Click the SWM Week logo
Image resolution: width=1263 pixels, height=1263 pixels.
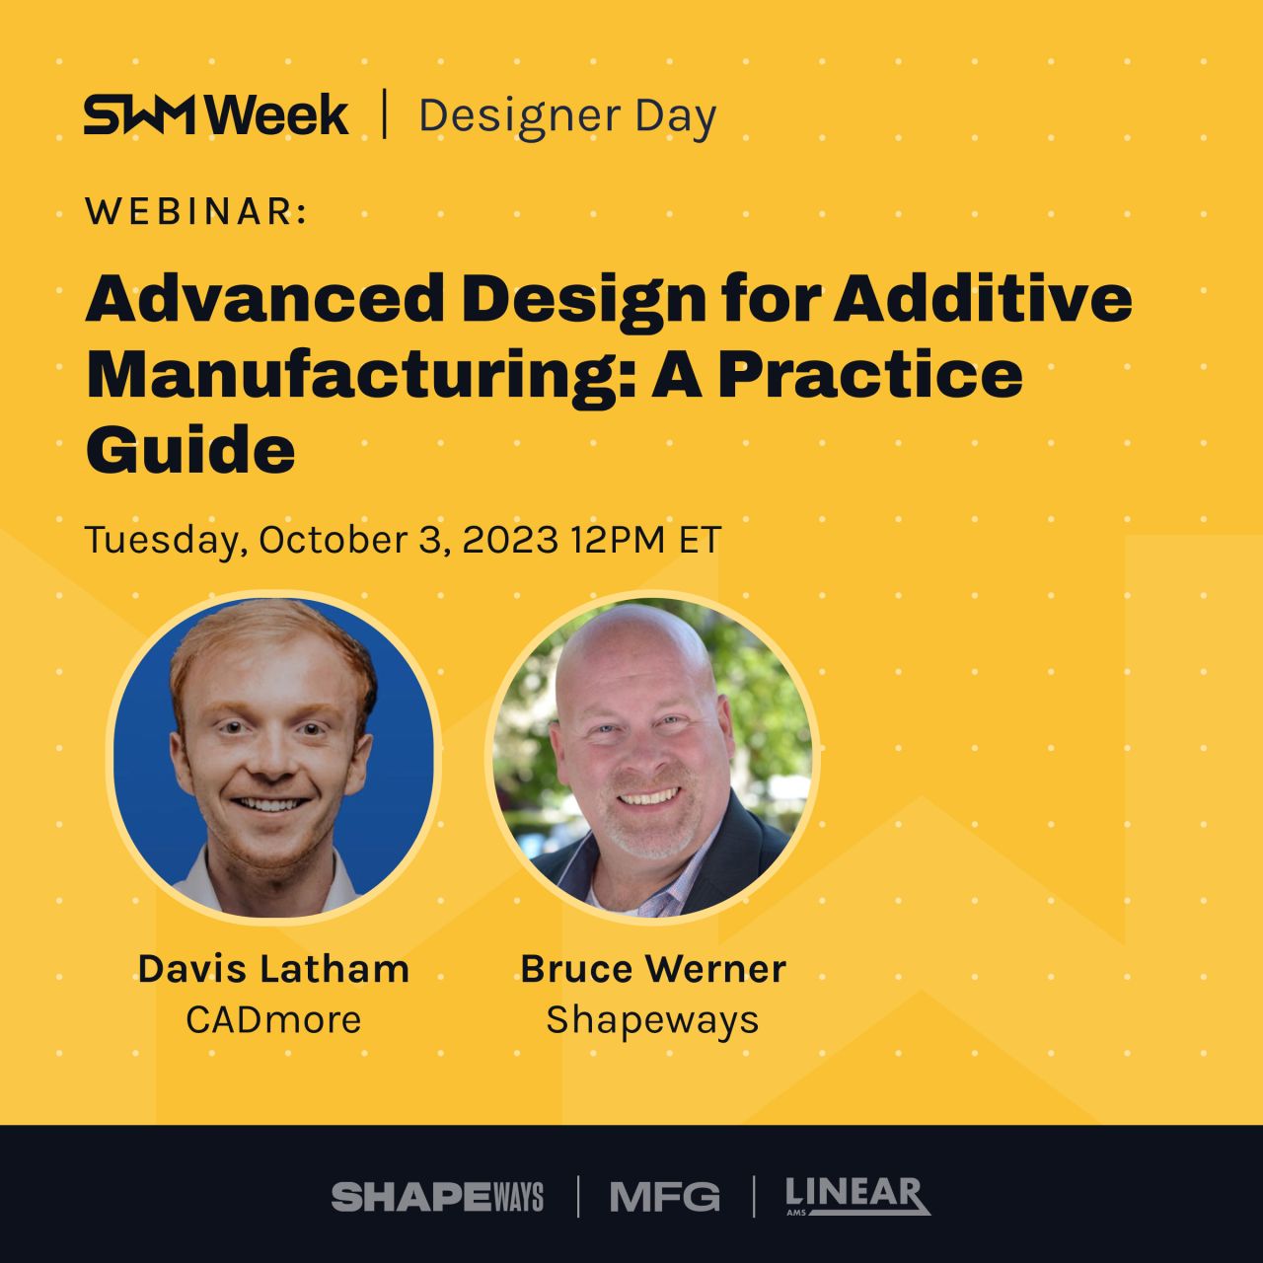[x=215, y=115]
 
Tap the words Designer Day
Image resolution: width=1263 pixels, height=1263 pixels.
[x=567, y=116]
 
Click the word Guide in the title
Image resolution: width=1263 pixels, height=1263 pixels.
[x=190, y=451]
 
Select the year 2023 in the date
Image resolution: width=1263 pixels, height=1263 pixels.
[x=510, y=540]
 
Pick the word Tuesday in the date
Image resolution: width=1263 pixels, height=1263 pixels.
[x=162, y=541]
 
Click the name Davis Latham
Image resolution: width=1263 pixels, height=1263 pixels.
[x=273, y=969]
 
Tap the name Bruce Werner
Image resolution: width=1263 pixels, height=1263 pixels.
[x=653, y=969]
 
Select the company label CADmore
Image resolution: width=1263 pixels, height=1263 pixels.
[x=273, y=1019]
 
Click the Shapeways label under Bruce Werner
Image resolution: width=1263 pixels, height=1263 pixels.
[x=653, y=1020]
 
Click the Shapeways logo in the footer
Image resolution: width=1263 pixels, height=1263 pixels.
[x=437, y=1197]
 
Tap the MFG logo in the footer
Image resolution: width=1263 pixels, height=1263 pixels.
[x=665, y=1197]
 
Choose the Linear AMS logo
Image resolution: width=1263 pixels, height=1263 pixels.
[x=857, y=1196]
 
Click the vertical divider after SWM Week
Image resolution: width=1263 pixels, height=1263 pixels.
[x=384, y=114]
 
